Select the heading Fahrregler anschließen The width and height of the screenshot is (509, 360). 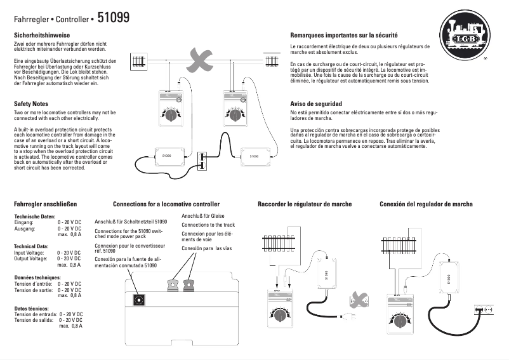(x=45, y=204)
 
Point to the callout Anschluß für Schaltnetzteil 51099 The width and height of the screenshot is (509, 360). (x=131, y=222)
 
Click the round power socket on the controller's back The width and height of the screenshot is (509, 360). (x=137, y=300)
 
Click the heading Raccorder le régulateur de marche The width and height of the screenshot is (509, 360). (x=305, y=204)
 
